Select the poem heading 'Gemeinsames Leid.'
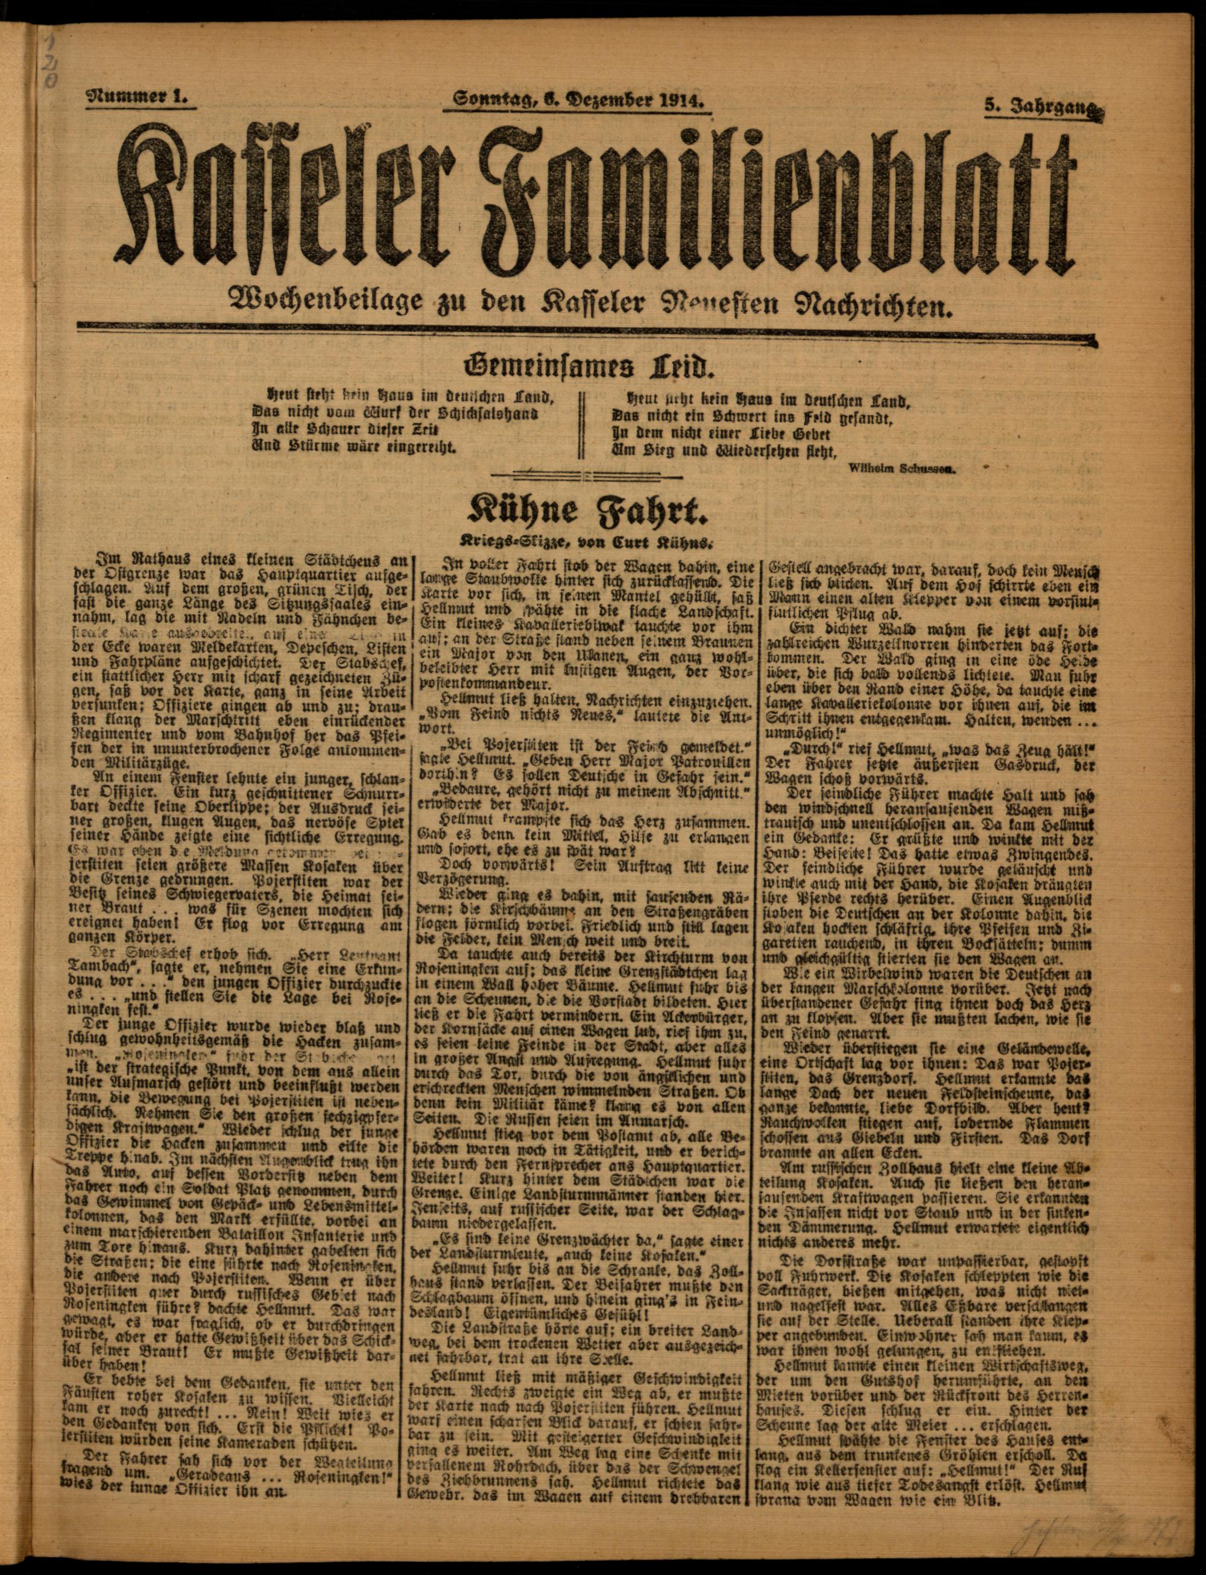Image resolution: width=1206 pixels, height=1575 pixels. click(585, 368)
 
